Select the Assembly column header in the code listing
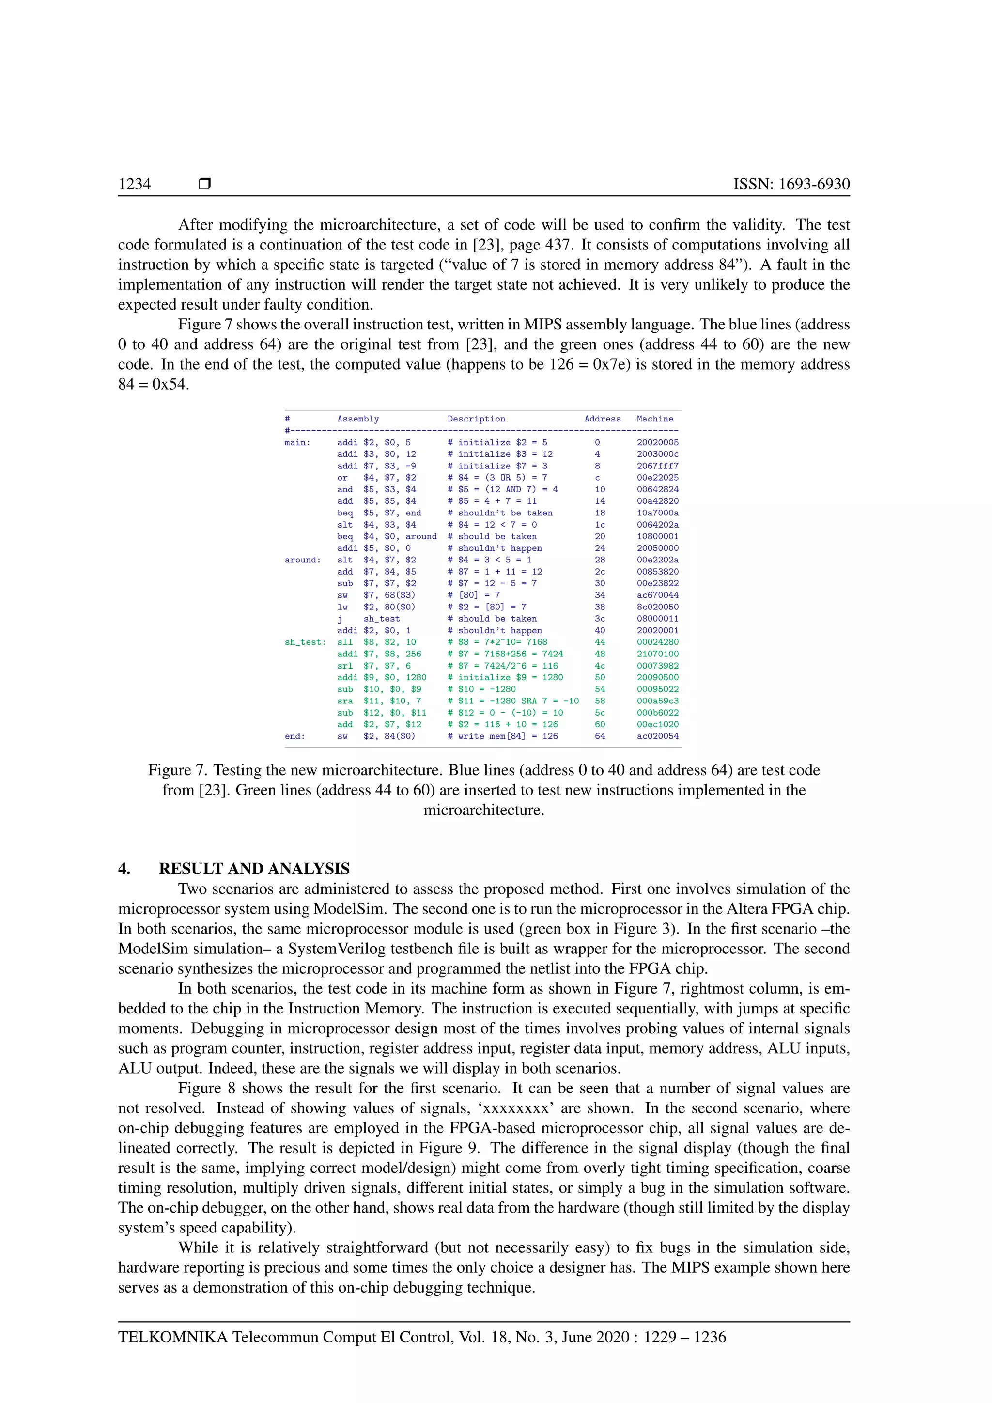358,419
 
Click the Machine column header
655,419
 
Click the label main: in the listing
297,442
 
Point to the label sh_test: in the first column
305,642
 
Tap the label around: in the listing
302,560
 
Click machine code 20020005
657,442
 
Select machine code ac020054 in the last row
657,736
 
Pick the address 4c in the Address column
600,666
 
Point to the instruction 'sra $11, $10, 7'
379,701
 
